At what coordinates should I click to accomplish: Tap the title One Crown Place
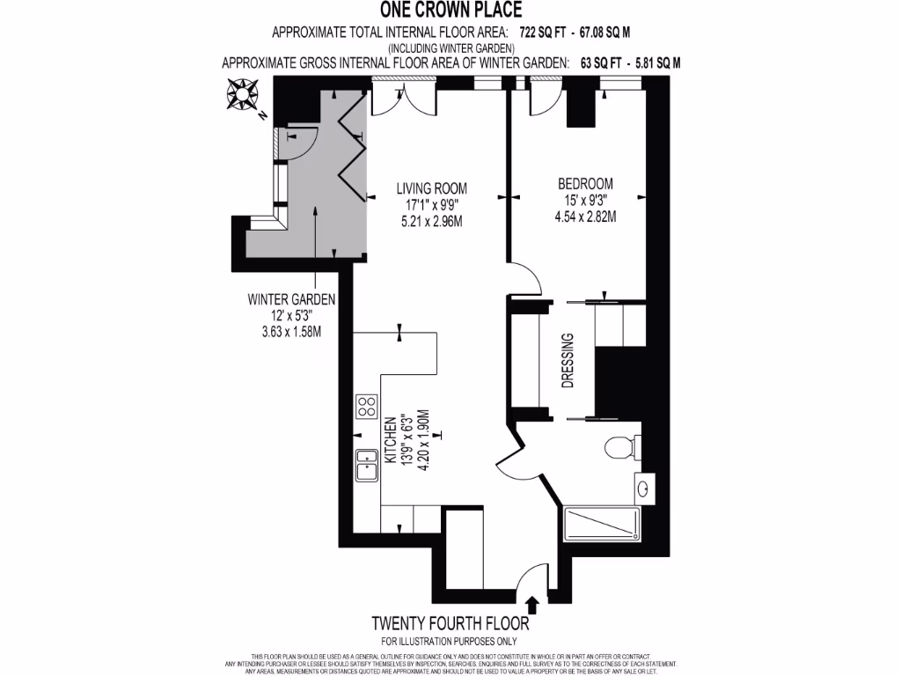[450, 11]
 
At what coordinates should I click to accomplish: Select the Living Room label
[431, 187]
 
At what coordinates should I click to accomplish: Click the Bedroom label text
[585, 184]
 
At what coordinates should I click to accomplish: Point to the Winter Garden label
[291, 298]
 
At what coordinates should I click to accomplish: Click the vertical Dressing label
[568, 360]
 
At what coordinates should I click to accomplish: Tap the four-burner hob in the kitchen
[366, 406]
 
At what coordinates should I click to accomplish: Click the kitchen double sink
[366, 466]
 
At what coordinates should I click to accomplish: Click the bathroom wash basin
[646, 485]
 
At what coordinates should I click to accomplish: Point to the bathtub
[603, 525]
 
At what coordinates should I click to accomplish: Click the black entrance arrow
[531, 605]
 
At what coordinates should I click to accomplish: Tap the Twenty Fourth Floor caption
[450, 624]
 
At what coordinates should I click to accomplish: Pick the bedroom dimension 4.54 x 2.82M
[585, 216]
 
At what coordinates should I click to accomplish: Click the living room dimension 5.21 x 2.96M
[431, 220]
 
